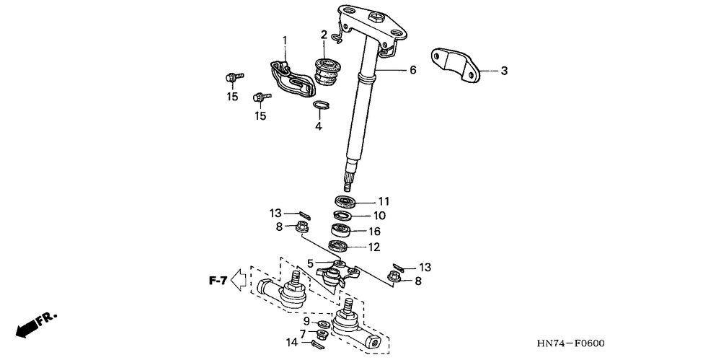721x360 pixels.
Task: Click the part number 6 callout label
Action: [x=412, y=70]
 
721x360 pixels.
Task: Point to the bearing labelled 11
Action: [x=345, y=201]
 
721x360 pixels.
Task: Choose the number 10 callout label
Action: [x=379, y=216]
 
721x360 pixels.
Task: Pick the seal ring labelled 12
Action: [x=341, y=246]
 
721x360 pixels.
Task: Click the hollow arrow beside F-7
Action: [x=239, y=280]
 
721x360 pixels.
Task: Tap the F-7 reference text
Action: [x=218, y=280]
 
